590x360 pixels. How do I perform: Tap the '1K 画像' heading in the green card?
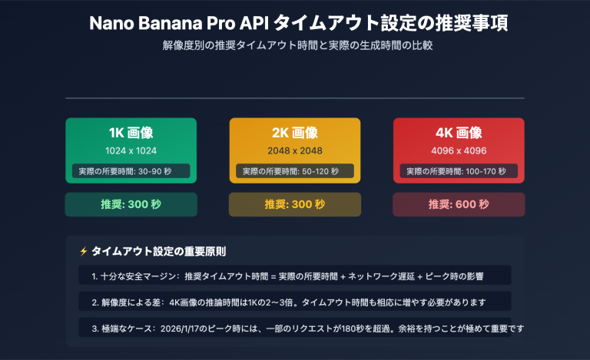(131, 133)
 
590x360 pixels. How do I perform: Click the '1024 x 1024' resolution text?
(131, 150)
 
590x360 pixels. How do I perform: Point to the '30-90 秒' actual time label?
(131, 171)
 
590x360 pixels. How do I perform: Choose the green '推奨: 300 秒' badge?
(131, 204)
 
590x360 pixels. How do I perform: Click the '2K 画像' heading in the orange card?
(295, 133)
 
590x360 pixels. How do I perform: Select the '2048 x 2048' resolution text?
(295, 150)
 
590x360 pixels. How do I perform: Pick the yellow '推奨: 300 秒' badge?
(295, 204)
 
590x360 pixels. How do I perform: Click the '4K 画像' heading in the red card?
(459, 133)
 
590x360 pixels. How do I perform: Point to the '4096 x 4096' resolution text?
(459, 150)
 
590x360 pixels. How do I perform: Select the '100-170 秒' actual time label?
(459, 171)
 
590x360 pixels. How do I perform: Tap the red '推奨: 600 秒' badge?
(459, 204)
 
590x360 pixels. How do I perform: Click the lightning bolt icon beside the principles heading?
(83, 252)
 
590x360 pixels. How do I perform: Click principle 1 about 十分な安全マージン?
(295, 275)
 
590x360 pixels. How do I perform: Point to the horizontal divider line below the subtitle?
(295, 98)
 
